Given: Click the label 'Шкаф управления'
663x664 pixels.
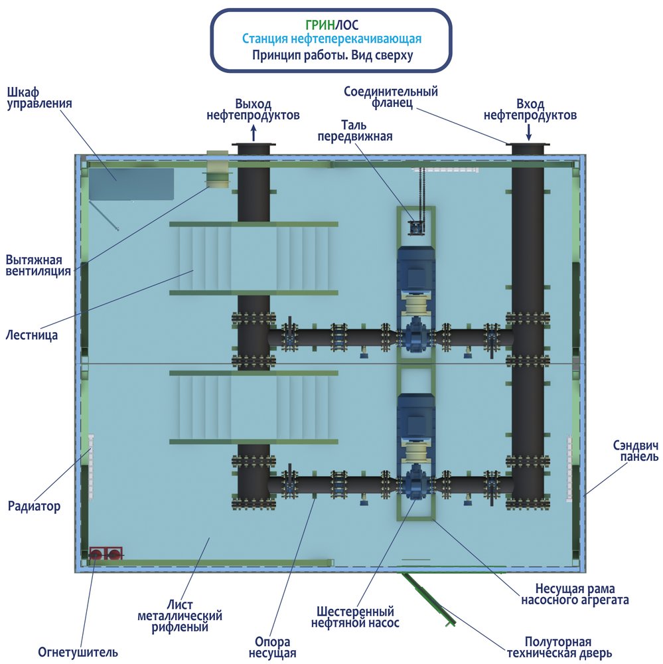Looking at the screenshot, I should [x=39, y=97].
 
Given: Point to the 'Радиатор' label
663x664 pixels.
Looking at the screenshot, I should [x=34, y=507].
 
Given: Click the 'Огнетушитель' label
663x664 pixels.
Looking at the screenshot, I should [x=78, y=651].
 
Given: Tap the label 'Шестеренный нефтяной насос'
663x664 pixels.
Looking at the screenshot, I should [x=352, y=617].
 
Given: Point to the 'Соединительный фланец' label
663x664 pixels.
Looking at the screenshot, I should [x=391, y=98].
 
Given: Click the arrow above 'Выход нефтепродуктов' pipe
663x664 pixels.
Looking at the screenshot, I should [x=254, y=133].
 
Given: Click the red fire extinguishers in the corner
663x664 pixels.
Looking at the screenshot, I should [x=106, y=554].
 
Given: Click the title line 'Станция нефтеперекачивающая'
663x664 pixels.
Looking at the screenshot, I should [x=331, y=40].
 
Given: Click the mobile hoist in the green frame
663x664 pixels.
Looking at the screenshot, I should [x=416, y=228].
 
